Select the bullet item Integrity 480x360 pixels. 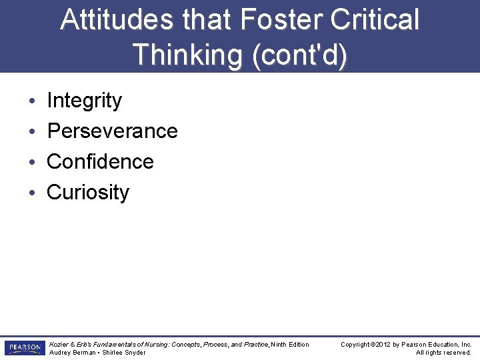pyautogui.click(x=85, y=101)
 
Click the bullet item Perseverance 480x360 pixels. pyautogui.click(x=112, y=131)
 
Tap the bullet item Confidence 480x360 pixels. pyautogui.click(x=100, y=162)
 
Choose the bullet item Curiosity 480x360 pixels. pyautogui.click(x=88, y=193)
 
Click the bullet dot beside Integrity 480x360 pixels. pyautogui.click(x=33, y=101)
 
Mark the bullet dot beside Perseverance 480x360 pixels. pyautogui.click(x=33, y=132)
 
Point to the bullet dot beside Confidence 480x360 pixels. pyautogui.click(x=33, y=163)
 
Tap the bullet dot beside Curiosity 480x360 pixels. pyautogui.click(x=33, y=193)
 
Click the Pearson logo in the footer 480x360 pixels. pyautogui.click(x=23, y=348)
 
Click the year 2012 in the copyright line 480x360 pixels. pyautogui.click(x=383, y=345)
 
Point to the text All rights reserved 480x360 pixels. pyautogui.click(x=443, y=353)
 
